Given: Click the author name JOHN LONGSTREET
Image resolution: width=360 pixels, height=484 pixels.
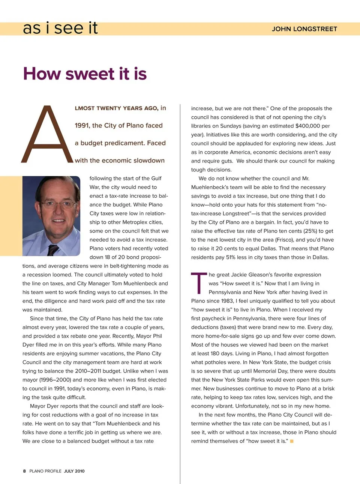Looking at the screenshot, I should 304,29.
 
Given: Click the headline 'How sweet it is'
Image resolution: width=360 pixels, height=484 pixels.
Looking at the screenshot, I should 85,74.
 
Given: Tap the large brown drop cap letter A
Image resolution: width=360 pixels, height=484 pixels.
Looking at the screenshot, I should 47,134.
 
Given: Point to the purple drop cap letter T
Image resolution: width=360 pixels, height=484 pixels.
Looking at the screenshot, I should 199,283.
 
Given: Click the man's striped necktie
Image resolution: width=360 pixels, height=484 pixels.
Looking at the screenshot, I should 53,250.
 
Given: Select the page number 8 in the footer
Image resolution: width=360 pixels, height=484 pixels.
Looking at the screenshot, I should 24,471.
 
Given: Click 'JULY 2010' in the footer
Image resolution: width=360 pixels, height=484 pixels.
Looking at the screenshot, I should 74,471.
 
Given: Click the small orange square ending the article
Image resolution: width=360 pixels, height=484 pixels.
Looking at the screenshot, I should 292,441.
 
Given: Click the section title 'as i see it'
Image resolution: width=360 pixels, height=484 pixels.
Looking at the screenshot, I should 60,28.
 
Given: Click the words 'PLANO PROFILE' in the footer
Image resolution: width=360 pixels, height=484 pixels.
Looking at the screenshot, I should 45,471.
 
